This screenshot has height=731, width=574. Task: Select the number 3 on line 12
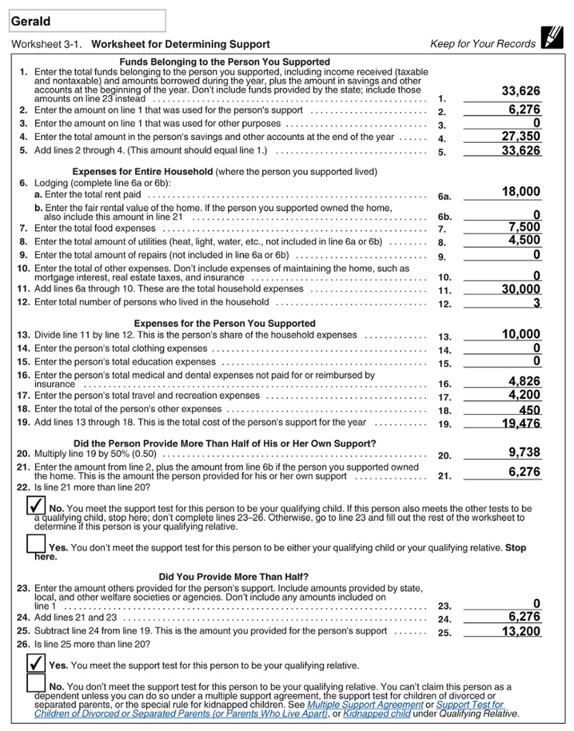[536, 303]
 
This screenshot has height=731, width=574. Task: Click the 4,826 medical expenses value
[524, 381]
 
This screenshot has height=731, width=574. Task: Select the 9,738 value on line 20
[524, 452]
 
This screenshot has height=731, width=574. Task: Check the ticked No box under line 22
[35, 505]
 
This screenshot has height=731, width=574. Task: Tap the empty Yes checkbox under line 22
[35, 545]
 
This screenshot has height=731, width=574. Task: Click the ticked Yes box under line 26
[35, 663]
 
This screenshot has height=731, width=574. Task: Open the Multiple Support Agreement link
[365, 704]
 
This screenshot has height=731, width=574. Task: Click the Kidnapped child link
[376, 713]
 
